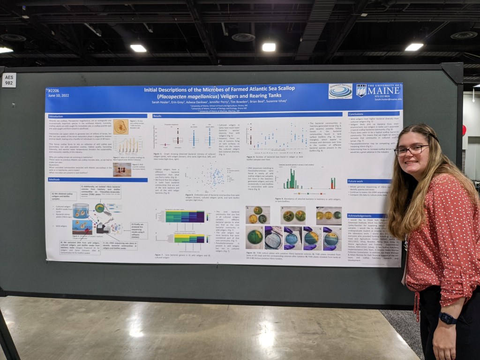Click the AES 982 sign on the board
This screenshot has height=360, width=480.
coord(9,80)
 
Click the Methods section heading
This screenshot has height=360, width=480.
coord(54,180)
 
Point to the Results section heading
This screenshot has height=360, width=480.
coord(157,116)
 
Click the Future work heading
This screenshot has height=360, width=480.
coord(356,181)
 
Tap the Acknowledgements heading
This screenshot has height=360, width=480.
coord(360,216)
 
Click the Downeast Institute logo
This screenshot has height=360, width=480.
coord(340,91)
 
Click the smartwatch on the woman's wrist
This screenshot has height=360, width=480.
coord(448,318)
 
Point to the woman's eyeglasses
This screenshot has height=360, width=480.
coord(411,150)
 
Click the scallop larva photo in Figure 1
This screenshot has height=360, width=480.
coord(120,126)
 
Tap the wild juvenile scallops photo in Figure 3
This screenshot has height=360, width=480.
coord(122,169)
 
